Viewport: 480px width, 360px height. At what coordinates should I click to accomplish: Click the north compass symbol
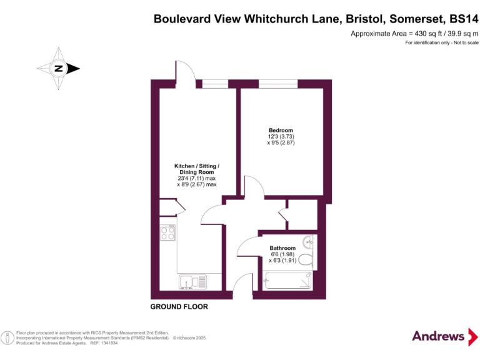pos(57,68)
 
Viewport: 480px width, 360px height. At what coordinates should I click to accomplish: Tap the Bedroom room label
pos(281,130)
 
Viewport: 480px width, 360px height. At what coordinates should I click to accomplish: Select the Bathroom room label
pos(282,248)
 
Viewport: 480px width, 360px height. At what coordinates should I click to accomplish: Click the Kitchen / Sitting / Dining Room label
pos(197,169)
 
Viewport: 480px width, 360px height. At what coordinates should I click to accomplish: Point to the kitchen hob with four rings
pos(167,234)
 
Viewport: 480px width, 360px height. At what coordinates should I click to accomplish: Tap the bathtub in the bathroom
pos(289,281)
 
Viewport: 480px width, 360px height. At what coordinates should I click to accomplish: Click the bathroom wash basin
pos(308,242)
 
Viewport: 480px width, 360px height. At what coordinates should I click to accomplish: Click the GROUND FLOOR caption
pos(179,307)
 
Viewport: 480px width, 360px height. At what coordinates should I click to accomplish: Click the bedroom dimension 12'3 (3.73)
pos(281,137)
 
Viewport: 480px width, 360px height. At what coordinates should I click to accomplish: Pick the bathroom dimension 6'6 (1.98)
pos(282,254)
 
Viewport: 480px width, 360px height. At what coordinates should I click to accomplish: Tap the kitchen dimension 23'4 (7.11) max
pos(197,178)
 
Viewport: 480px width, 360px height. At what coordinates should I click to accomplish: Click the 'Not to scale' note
pos(464,42)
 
